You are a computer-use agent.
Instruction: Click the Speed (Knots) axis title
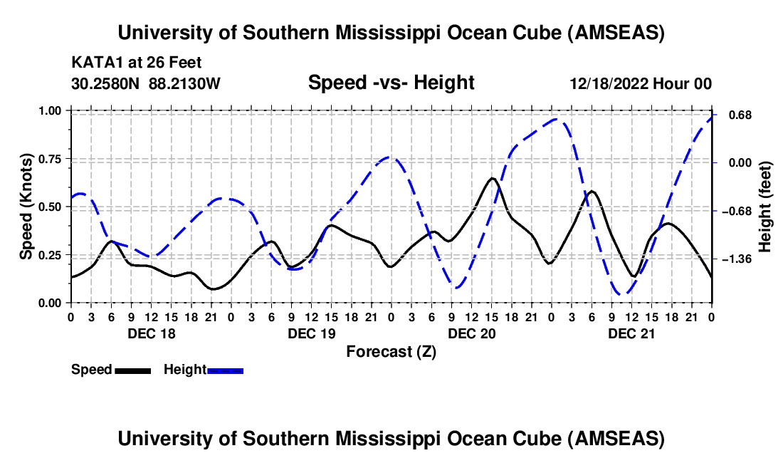point(26,207)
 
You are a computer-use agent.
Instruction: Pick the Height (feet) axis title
point(766,207)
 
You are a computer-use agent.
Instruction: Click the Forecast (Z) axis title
point(391,351)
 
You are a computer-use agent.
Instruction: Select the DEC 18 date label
point(151,333)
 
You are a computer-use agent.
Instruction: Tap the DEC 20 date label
point(471,333)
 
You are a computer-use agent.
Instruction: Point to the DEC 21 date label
point(631,333)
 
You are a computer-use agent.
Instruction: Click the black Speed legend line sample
point(132,370)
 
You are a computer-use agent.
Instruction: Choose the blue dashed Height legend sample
point(225,370)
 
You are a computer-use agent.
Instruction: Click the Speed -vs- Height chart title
point(391,83)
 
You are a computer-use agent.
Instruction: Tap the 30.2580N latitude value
point(105,84)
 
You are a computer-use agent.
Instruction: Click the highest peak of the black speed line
point(493,178)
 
